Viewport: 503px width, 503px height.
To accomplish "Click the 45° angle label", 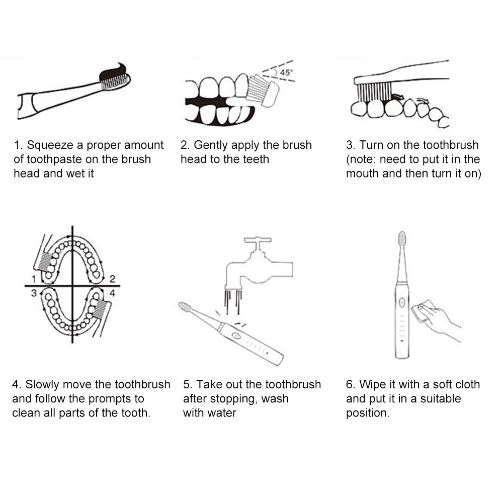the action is point(286,72).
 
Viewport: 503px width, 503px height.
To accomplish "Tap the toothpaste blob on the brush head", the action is point(113,72).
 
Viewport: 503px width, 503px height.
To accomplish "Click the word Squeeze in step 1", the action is point(50,145).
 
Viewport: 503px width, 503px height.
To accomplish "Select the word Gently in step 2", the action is point(211,145).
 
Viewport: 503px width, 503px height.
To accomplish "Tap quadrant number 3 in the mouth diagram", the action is point(34,293).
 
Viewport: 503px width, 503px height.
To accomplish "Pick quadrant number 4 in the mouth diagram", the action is point(112,293).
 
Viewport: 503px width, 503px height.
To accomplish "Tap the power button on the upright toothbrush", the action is point(401,302).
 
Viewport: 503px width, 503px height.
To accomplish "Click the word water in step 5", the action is point(221,413).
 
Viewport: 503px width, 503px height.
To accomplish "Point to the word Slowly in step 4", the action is point(41,385).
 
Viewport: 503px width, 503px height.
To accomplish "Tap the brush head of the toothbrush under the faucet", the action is point(186,307).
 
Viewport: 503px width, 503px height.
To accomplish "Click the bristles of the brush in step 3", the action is point(374,92).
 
